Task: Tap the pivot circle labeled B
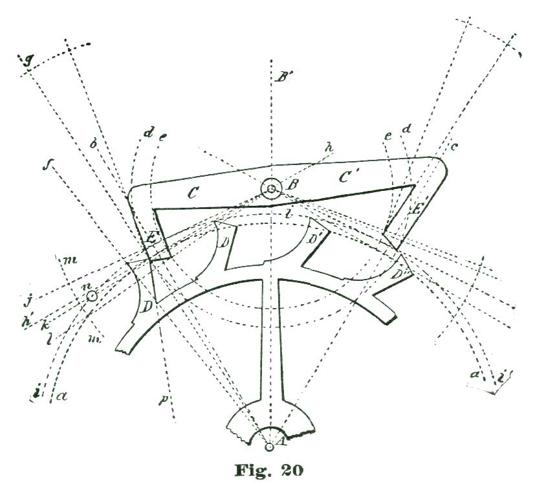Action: point(271,189)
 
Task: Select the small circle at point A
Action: point(270,445)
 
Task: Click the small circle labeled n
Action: point(92,296)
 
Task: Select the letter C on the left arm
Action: point(191,193)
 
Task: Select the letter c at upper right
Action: point(455,148)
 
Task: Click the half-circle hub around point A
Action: point(270,434)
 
